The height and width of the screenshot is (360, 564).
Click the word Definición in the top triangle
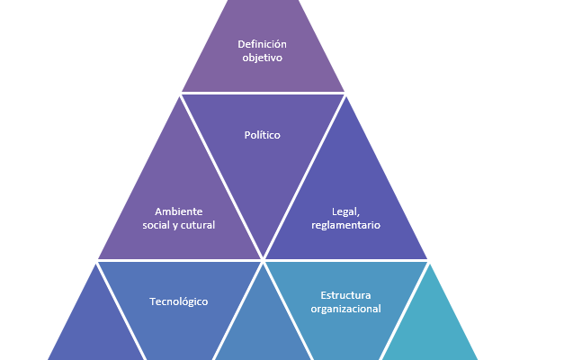click(x=262, y=43)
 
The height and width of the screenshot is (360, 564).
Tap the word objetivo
click(x=262, y=58)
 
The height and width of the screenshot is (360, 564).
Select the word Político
click(x=263, y=135)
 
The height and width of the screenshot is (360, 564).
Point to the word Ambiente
click(x=178, y=211)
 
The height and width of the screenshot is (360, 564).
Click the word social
click(x=157, y=225)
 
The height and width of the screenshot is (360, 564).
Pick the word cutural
click(x=197, y=225)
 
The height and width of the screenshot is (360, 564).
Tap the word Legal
click(x=345, y=211)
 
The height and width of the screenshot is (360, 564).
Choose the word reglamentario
click(x=345, y=225)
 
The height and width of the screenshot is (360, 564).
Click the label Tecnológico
click(x=178, y=301)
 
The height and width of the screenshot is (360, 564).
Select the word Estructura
click(x=345, y=295)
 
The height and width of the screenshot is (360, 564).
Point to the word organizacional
click(x=345, y=309)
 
